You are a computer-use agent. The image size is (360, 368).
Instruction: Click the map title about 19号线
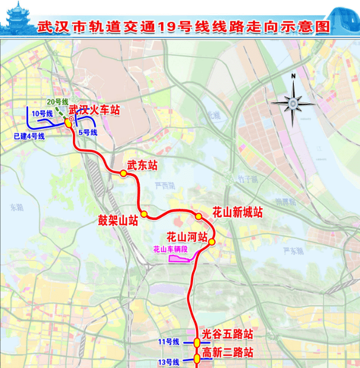pyautogui.click(x=186, y=27)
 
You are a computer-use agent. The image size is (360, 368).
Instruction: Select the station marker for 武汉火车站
pyautogui.click(x=68, y=122)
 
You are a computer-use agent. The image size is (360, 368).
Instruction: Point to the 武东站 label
pyautogui.click(x=141, y=165)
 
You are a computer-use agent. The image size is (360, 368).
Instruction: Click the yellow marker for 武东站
pyautogui.click(x=123, y=174)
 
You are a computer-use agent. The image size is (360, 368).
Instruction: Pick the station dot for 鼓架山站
pyautogui.click(x=144, y=214)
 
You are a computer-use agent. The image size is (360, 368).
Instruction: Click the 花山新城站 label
pyautogui.click(x=237, y=213)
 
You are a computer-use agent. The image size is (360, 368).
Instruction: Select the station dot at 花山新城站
pyautogui.click(x=199, y=217)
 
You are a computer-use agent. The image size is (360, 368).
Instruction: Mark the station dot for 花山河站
pyautogui.click(x=212, y=243)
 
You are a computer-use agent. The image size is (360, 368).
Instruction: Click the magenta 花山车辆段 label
pyautogui.click(x=170, y=249)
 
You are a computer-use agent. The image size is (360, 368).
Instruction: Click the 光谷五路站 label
pyautogui.click(x=226, y=334)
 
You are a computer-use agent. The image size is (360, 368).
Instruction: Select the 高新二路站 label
pyautogui.click(x=226, y=353)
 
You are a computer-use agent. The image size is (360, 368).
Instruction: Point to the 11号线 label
pyautogui.click(x=168, y=342)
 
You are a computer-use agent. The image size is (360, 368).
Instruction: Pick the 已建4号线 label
pyautogui.click(x=29, y=136)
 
